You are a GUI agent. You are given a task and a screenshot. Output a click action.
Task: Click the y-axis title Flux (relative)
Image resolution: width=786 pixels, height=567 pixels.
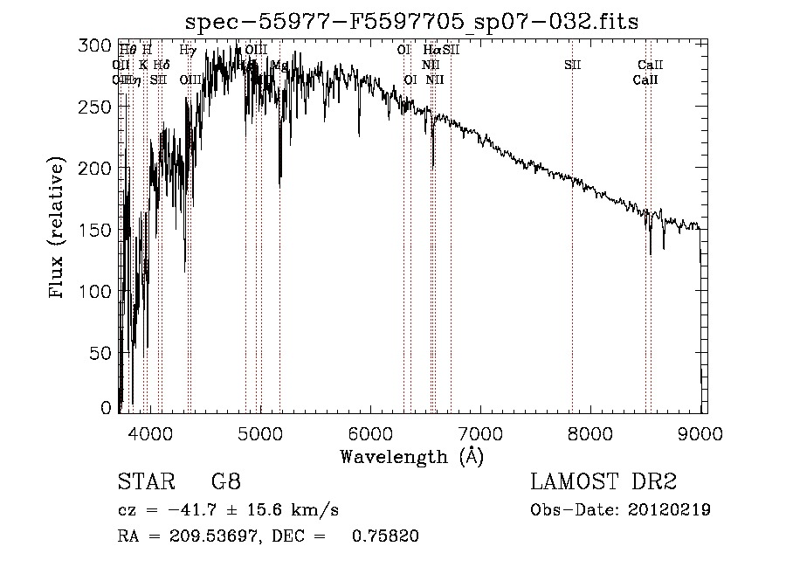coord(59,229)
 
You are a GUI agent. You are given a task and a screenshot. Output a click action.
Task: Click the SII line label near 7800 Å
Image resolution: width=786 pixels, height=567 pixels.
coord(572,65)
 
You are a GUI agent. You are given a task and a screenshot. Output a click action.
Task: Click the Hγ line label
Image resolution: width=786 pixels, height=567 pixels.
coord(187,51)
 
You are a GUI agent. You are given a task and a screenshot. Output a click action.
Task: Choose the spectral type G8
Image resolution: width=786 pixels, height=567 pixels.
coord(225,481)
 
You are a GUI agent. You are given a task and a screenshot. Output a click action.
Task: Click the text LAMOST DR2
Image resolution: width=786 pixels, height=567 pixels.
coord(603,481)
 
